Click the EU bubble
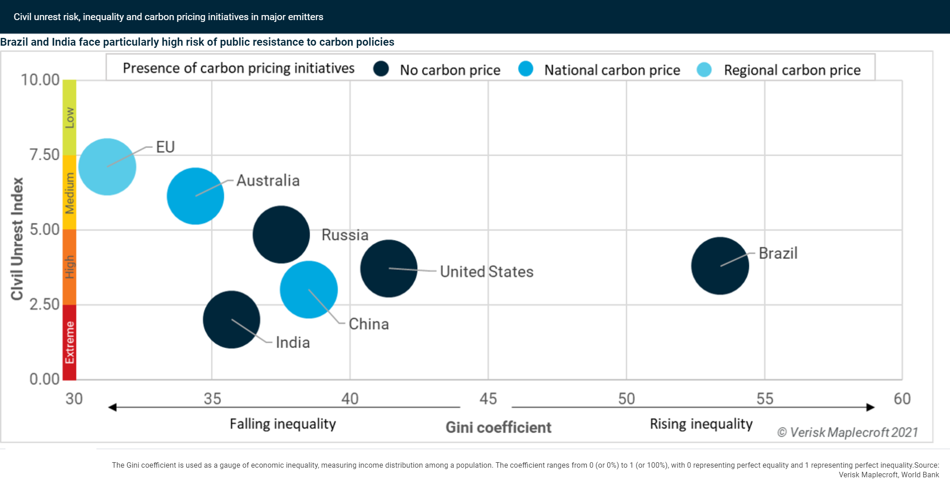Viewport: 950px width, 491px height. coord(107,167)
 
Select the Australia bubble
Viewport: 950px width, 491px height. coord(195,196)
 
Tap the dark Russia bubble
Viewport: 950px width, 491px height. coord(281,234)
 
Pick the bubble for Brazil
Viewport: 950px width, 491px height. coord(720,266)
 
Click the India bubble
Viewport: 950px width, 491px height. coord(231,319)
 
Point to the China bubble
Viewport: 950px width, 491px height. coord(309,290)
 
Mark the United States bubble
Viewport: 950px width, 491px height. coord(388,269)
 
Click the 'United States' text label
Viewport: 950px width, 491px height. coord(486,272)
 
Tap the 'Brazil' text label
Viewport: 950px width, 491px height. coord(778,253)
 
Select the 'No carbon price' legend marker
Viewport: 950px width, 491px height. coord(381,69)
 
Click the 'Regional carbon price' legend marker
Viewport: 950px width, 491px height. coord(704,69)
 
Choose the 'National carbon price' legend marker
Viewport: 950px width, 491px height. coord(525,69)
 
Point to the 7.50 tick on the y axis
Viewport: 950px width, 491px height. coord(44,154)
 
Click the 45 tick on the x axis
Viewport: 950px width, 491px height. coord(488,399)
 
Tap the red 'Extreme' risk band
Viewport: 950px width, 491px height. coord(69,343)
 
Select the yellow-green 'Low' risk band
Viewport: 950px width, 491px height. coord(69,118)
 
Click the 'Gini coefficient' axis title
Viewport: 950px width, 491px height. coord(498,428)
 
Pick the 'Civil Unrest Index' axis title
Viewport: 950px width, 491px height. coord(17,238)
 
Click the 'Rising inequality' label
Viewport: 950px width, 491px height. coord(701,424)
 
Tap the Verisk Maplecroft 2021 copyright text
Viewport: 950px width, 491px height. coord(847,432)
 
